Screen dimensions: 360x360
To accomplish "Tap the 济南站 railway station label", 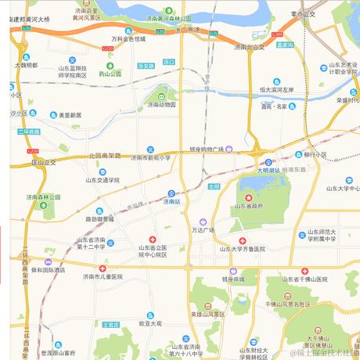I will click(x=172, y=201).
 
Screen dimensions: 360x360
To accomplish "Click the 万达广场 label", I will click(x=203, y=230).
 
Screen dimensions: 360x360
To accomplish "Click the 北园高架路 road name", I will click(x=105, y=155).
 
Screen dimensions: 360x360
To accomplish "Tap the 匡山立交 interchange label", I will click(x=44, y=162).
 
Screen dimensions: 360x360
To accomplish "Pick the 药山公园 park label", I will click(x=110, y=74).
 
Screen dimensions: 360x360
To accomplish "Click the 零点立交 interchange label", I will click(x=302, y=13).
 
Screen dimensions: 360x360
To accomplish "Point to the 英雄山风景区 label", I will click(x=207, y=314).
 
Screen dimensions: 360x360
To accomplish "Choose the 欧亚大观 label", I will click(x=149, y=322).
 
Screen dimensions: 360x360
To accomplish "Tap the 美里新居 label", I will click(x=67, y=115).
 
